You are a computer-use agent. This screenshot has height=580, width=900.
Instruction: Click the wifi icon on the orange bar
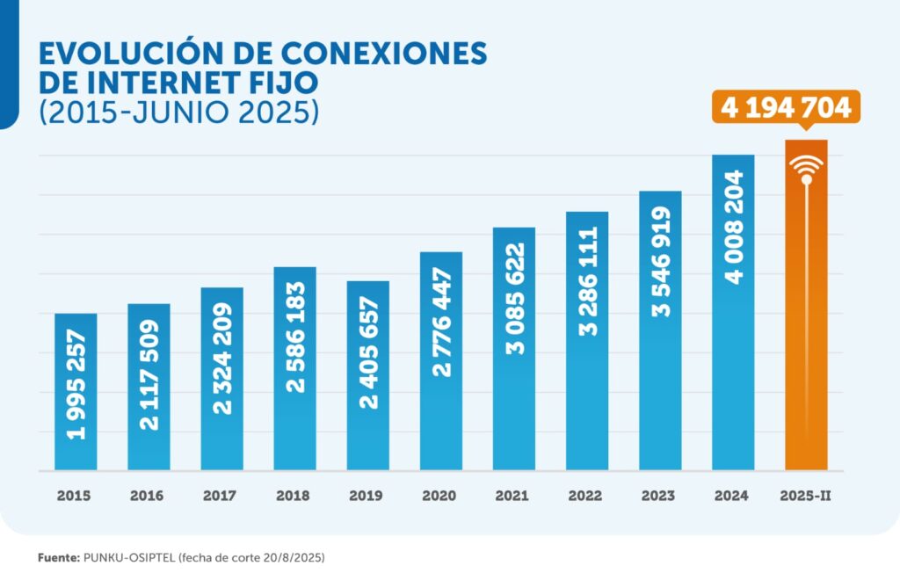[806, 169]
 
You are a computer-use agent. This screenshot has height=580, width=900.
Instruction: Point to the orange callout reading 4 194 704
[787, 107]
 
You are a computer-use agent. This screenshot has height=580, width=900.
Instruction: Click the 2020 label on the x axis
[440, 496]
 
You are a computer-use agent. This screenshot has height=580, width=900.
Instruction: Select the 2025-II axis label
[806, 496]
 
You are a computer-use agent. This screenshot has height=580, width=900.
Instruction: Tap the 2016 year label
[148, 496]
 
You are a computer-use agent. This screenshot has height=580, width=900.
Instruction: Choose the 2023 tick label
[659, 496]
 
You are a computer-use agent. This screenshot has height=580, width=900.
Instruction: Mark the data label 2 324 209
[222, 359]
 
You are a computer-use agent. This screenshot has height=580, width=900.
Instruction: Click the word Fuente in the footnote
[58, 558]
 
